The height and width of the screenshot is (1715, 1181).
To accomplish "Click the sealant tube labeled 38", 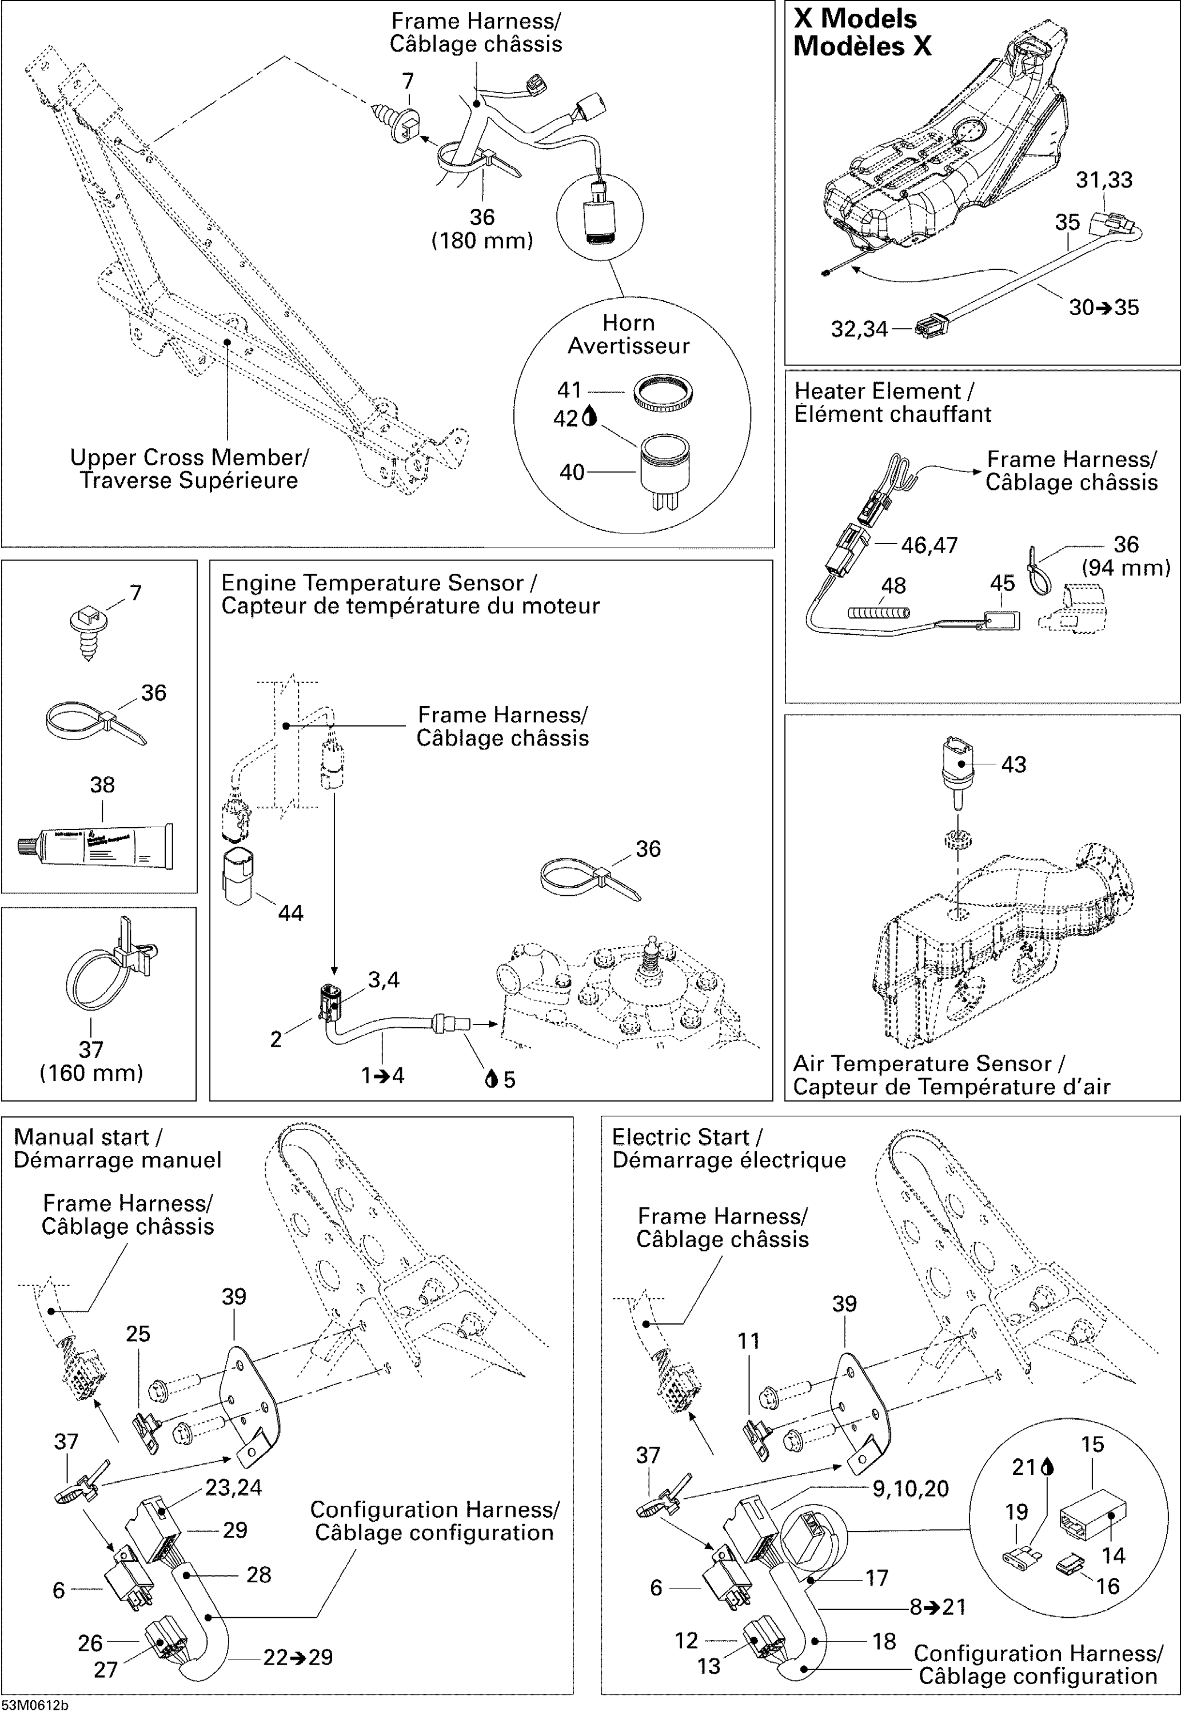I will (x=96, y=845).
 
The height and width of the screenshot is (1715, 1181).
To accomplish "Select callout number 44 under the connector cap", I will (x=290, y=913).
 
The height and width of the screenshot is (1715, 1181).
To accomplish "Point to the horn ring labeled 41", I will (x=663, y=393).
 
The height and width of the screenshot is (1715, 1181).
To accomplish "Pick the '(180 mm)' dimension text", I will (x=482, y=241).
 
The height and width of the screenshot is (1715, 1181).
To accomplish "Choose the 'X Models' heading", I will (x=855, y=18).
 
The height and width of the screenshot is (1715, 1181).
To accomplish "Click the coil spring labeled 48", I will (x=879, y=613).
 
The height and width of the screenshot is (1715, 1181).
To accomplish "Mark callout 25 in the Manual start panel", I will (x=138, y=1333).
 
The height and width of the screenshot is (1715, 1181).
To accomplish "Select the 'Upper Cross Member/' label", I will (x=189, y=457).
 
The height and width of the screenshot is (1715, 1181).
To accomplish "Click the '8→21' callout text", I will (x=937, y=1607).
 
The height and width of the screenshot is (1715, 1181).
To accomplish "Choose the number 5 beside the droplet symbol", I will (x=509, y=1080).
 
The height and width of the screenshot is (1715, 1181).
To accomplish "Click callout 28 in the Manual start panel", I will (x=258, y=1574).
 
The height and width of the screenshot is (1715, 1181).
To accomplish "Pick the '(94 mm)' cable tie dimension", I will (x=1126, y=568).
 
